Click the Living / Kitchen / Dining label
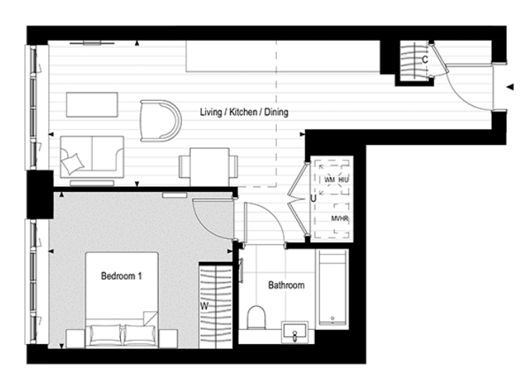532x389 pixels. tap(244, 112)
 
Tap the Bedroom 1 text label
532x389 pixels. tap(121, 276)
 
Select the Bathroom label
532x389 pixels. tap(286, 285)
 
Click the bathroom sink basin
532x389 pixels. tap(295, 331)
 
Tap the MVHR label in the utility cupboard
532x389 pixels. tap(339, 218)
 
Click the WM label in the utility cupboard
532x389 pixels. tap(329, 180)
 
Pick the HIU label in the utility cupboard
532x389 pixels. tap(343, 180)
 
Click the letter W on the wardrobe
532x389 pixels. tap(204, 305)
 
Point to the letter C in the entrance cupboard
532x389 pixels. tap(424, 59)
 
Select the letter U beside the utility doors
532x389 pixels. tap(313, 199)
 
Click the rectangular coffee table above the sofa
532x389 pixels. tap(92, 105)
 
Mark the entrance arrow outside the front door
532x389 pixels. tap(510, 87)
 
